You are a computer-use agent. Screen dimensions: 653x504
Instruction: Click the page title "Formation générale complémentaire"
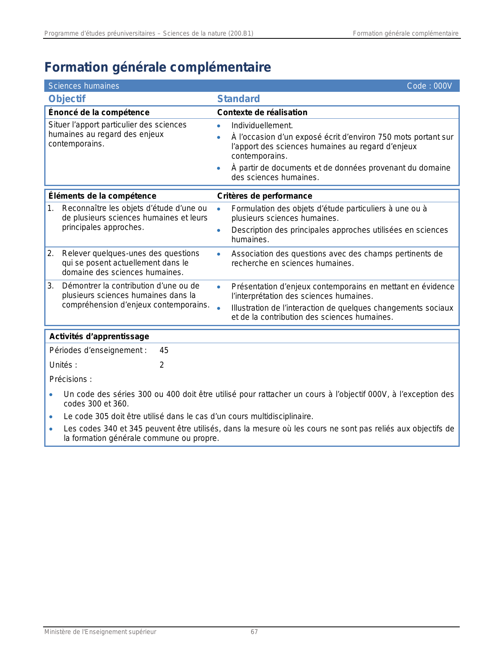(x=157, y=67)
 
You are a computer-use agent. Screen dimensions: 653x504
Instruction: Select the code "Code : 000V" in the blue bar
(x=429, y=86)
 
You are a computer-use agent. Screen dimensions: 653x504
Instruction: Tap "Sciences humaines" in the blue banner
(x=84, y=86)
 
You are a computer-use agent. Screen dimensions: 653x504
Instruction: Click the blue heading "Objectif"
(x=67, y=99)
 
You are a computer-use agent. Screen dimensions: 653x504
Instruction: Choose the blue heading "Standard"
(x=238, y=99)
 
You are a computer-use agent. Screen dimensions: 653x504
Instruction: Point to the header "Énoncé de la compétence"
(x=99, y=112)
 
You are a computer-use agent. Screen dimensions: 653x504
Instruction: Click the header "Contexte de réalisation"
(x=262, y=112)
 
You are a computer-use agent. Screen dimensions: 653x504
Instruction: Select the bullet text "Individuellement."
(x=262, y=126)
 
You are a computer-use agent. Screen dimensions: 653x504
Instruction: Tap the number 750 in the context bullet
(x=385, y=137)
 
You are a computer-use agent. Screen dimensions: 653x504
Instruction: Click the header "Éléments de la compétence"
(x=102, y=196)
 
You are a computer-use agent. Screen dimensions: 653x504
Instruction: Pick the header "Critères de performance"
(x=264, y=196)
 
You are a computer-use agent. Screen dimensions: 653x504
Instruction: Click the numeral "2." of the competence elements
(x=51, y=253)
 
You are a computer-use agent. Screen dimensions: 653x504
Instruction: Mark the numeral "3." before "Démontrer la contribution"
(x=51, y=286)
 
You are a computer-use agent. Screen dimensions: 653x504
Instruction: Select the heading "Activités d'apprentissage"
(x=99, y=336)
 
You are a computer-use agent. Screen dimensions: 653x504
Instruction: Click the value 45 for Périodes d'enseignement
(x=164, y=350)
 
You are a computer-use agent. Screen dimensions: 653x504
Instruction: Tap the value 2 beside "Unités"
(x=162, y=365)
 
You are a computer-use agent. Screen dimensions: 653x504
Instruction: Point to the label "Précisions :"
(x=71, y=379)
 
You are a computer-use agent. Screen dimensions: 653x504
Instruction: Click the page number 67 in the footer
(x=254, y=632)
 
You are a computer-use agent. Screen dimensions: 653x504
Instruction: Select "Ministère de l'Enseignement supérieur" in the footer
(x=100, y=632)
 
